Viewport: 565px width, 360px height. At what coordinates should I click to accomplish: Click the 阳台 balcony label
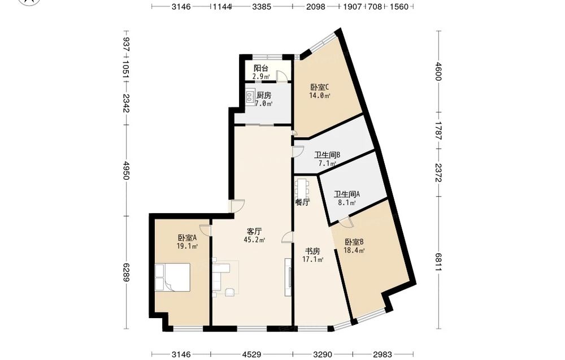pyautogui.click(x=261, y=68)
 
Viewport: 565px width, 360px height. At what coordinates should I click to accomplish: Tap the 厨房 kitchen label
pyautogui.click(x=264, y=96)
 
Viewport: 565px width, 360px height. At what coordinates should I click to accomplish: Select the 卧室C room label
pyautogui.click(x=320, y=87)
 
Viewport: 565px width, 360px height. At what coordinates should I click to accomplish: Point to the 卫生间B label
pyautogui.click(x=327, y=155)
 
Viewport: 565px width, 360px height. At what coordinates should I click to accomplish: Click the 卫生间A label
pyautogui.click(x=347, y=194)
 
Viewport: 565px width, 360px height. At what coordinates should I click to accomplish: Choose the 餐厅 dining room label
pyautogui.click(x=303, y=202)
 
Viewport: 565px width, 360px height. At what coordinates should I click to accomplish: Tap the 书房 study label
pyautogui.click(x=313, y=251)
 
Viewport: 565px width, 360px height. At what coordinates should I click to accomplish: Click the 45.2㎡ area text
pyautogui.click(x=254, y=240)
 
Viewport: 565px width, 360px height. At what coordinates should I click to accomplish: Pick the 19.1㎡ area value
pyautogui.click(x=188, y=246)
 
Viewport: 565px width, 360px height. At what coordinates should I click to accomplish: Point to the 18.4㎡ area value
pyautogui.click(x=355, y=250)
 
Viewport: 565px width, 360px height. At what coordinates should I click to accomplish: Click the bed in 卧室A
pyautogui.click(x=172, y=277)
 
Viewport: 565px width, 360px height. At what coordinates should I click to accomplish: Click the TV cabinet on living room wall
pyautogui.click(x=288, y=277)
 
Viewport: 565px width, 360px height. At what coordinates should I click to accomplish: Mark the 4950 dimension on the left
pyautogui.click(x=126, y=171)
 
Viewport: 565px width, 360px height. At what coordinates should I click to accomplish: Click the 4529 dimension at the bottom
pyautogui.click(x=251, y=355)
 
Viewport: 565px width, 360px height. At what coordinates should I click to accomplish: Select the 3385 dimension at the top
pyautogui.click(x=262, y=6)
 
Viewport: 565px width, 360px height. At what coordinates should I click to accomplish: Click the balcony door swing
pyautogui.click(x=282, y=76)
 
